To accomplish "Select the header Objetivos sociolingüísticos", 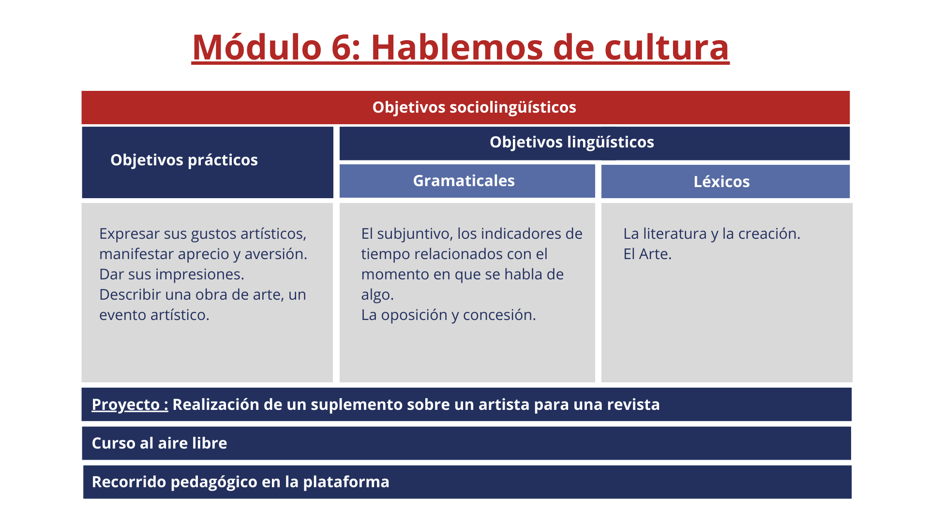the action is coord(474,107).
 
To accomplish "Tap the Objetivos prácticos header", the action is coord(184,160).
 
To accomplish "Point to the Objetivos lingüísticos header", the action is coord(572,142).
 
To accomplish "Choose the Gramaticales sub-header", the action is coord(464,181).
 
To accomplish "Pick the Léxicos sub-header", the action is coord(721,182).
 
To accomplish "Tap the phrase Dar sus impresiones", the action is coord(172,275).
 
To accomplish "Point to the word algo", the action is coord(377,295).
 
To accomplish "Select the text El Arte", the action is coord(647,254).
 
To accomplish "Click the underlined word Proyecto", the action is coord(126,405).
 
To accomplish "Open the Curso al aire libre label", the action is coord(159,443).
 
